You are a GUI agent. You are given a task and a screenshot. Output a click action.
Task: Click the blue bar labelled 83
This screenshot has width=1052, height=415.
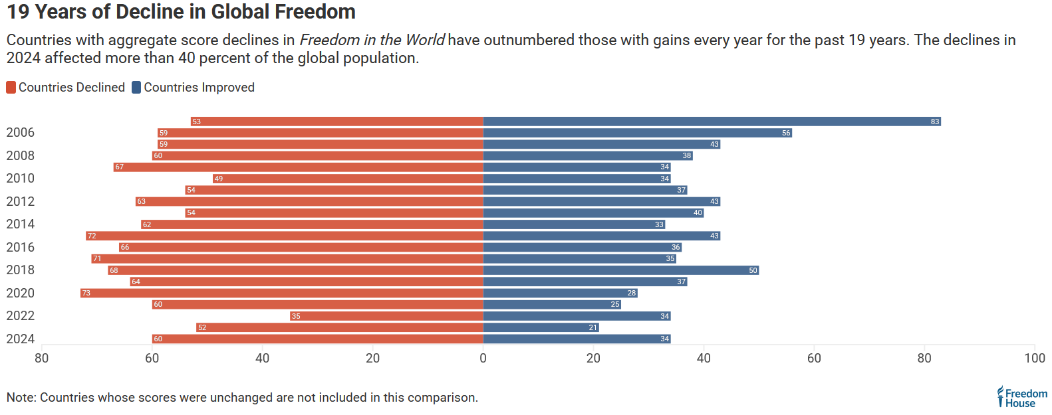pyautogui.click(x=712, y=122)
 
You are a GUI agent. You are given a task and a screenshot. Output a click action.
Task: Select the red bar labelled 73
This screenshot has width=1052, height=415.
pyautogui.click(x=282, y=293)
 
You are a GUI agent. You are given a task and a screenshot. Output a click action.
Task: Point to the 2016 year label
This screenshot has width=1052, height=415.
pyautogui.click(x=21, y=247)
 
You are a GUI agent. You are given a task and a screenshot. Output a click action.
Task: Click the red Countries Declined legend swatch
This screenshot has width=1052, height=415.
pyautogui.click(x=11, y=88)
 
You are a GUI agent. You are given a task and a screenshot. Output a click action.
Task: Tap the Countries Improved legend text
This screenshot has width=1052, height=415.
pyautogui.click(x=199, y=88)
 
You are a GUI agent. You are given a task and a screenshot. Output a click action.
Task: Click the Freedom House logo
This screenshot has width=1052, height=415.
pyautogui.click(x=1021, y=397)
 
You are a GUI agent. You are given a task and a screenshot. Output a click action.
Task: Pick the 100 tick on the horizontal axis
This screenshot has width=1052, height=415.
pyautogui.click(x=1034, y=359)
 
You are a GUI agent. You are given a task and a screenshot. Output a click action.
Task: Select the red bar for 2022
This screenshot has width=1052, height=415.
pyautogui.click(x=386, y=316)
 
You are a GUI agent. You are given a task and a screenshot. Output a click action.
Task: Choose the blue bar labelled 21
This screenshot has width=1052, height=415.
pyautogui.click(x=541, y=327)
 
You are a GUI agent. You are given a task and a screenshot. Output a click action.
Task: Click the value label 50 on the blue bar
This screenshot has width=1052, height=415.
pyautogui.click(x=753, y=270)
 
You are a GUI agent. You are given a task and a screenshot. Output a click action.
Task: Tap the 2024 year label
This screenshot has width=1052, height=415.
pyautogui.click(x=21, y=339)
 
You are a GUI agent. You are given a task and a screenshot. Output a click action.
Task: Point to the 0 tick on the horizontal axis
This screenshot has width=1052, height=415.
pyautogui.click(x=483, y=359)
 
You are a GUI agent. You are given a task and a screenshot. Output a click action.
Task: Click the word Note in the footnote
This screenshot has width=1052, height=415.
pyautogui.click(x=21, y=398)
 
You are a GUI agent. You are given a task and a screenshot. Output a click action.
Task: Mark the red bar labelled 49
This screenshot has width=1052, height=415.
pyautogui.click(x=348, y=179)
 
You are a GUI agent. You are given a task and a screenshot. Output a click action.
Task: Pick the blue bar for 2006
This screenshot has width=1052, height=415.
pyautogui.click(x=637, y=133)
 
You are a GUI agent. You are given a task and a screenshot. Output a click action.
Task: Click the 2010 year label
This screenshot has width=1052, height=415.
pyautogui.click(x=21, y=179)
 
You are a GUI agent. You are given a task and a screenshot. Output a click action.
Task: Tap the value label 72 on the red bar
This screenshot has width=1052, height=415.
pyautogui.click(x=92, y=236)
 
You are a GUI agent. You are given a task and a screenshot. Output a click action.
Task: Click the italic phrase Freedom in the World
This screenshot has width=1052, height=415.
pyautogui.click(x=372, y=40)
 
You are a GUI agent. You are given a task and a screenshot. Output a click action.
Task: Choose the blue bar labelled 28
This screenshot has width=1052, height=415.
pyautogui.click(x=560, y=293)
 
